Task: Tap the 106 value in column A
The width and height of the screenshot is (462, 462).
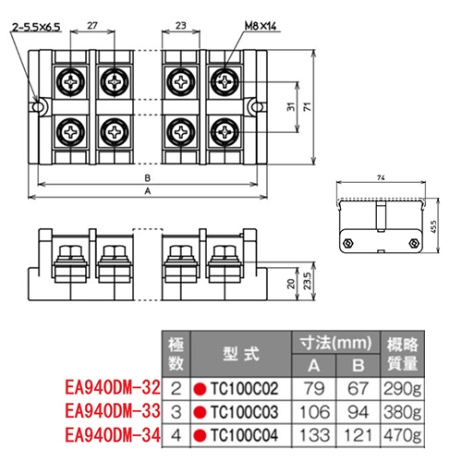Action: tap(317, 410)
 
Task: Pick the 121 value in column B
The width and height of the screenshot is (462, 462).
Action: tap(358, 432)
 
